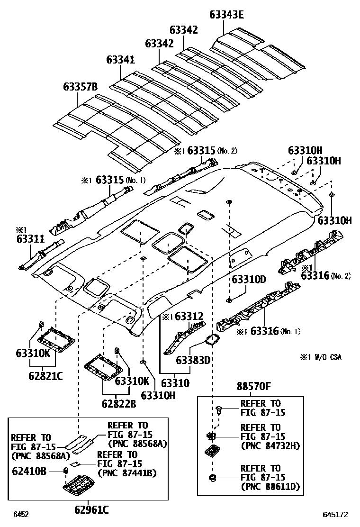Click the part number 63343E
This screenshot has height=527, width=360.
(x=226, y=15)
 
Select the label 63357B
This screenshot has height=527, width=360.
(x=80, y=87)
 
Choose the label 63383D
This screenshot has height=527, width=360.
(x=193, y=360)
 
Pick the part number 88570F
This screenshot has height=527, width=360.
(x=253, y=387)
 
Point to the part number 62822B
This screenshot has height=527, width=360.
(x=118, y=404)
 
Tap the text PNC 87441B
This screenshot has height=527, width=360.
(x=126, y=472)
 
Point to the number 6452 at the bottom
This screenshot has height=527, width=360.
(x=21, y=514)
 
